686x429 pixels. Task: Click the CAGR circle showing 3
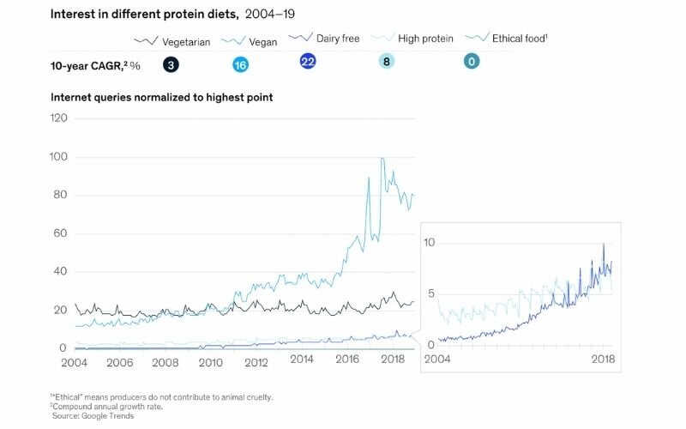click(x=171, y=64)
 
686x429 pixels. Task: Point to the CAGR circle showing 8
click(x=387, y=62)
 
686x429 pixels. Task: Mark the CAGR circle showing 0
click(x=471, y=62)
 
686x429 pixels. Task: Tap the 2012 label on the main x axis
click(x=256, y=361)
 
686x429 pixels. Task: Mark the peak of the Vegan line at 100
click(x=382, y=158)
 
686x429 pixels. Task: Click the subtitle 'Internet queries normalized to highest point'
click(x=161, y=98)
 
